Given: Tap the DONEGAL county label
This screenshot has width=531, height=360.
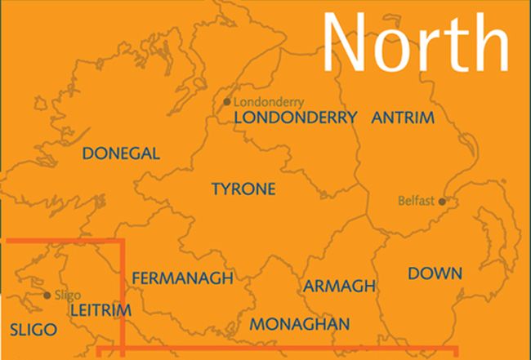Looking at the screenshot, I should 122,153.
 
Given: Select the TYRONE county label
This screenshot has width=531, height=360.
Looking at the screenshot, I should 243,189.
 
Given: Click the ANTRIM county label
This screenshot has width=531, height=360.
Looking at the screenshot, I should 403,118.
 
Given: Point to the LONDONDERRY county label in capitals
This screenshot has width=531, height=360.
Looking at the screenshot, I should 296,118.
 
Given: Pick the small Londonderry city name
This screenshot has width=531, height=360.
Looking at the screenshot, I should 269,103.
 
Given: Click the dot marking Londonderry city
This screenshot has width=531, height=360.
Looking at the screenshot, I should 227,102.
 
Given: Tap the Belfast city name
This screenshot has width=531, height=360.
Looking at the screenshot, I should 416,200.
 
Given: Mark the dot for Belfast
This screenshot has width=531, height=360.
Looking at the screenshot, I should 442,201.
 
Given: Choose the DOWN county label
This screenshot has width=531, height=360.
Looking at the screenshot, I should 435,273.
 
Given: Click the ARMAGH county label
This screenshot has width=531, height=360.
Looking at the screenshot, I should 339,286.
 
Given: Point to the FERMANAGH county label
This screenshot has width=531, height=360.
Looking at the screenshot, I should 182,278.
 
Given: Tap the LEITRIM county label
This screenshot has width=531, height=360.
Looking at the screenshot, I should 101,311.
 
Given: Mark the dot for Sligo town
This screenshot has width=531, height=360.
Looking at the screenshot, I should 47,296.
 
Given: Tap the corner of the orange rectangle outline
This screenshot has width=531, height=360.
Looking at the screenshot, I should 123,242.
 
